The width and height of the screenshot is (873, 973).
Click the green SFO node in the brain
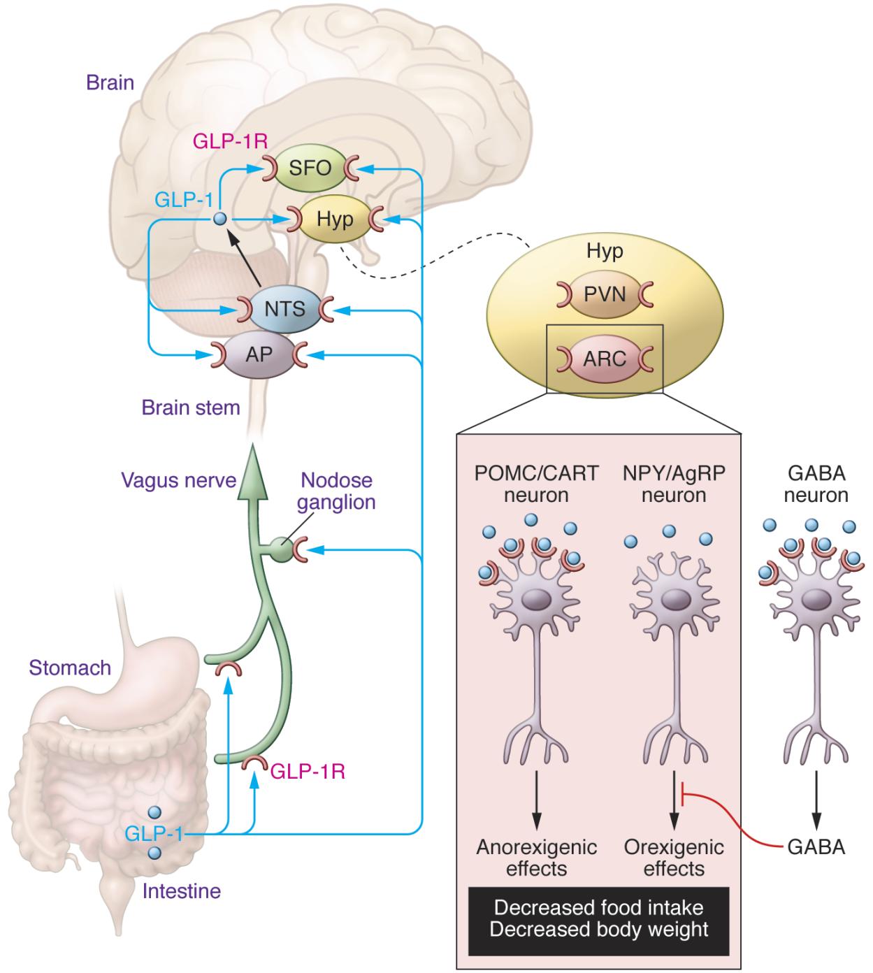(x=310, y=168)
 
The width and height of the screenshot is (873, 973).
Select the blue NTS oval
(x=285, y=308)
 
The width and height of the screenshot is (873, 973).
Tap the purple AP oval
(x=259, y=354)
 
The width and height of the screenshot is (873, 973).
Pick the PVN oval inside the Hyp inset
(x=605, y=294)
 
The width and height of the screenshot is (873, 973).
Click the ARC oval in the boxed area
(x=605, y=359)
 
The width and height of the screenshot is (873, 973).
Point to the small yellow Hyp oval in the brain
(x=335, y=219)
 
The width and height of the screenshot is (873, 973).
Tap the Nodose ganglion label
(x=338, y=491)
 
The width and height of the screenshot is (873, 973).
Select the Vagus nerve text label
(x=178, y=481)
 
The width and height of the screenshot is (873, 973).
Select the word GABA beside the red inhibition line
(x=816, y=847)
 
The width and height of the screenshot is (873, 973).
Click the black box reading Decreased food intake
(x=599, y=918)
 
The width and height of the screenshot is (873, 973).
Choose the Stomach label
(x=70, y=668)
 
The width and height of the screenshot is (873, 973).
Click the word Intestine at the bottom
(x=181, y=891)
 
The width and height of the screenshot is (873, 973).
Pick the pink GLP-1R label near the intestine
(x=308, y=772)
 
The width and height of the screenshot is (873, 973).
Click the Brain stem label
(x=190, y=408)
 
